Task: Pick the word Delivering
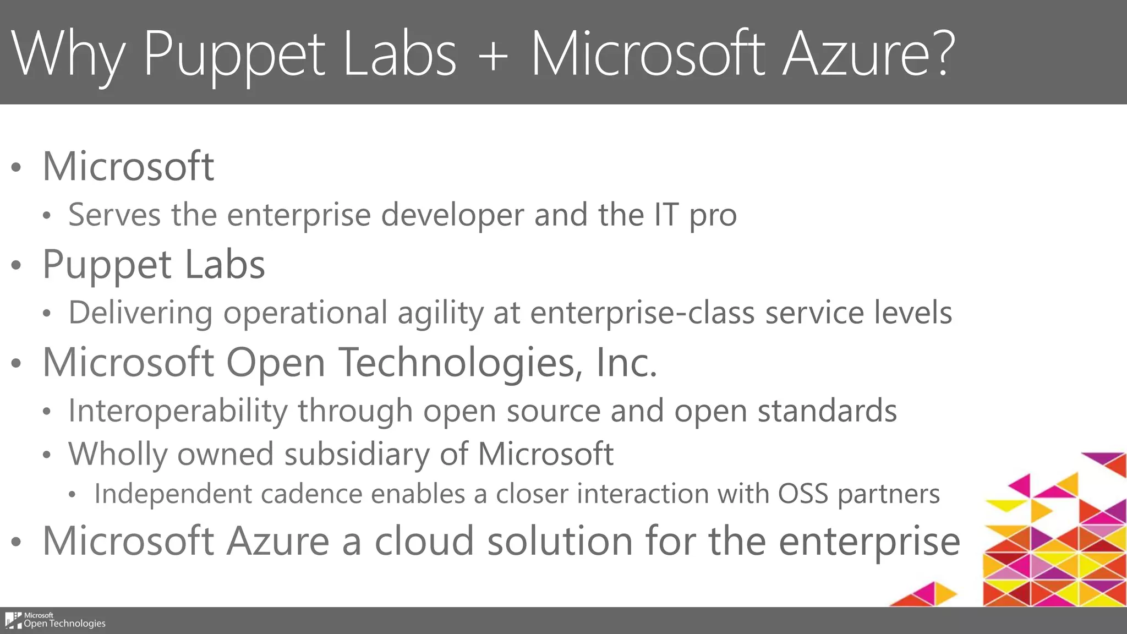click(x=140, y=313)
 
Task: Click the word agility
click(x=440, y=314)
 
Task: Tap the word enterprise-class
click(x=642, y=313)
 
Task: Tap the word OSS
click(x=803, y=494)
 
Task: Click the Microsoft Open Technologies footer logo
click(x=55, y=620)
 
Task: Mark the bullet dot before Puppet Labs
click(x=17, y=266)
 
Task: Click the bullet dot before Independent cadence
click(x=72, y=495)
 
